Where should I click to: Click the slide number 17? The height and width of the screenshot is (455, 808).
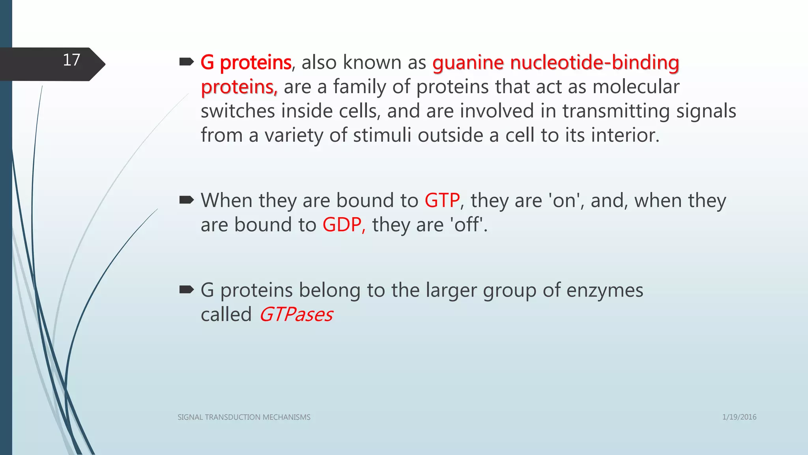pos(71,60)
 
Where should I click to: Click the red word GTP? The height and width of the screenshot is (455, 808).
pos(442,201)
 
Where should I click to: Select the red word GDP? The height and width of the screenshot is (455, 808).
pos(342,225)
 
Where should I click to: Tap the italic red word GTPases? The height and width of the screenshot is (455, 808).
pos(296,315)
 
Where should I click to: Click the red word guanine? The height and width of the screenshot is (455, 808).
pos(468,63)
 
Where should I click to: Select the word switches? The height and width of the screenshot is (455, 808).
pos(238,111)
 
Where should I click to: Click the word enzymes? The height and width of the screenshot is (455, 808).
pos(605,291)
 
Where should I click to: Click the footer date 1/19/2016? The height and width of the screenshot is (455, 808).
pos(739,417)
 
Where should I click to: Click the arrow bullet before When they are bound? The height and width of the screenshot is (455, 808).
pos(186,200)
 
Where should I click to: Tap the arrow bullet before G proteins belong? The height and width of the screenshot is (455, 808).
pos(186,290)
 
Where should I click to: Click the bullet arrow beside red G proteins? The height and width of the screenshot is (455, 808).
pos(186,62)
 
